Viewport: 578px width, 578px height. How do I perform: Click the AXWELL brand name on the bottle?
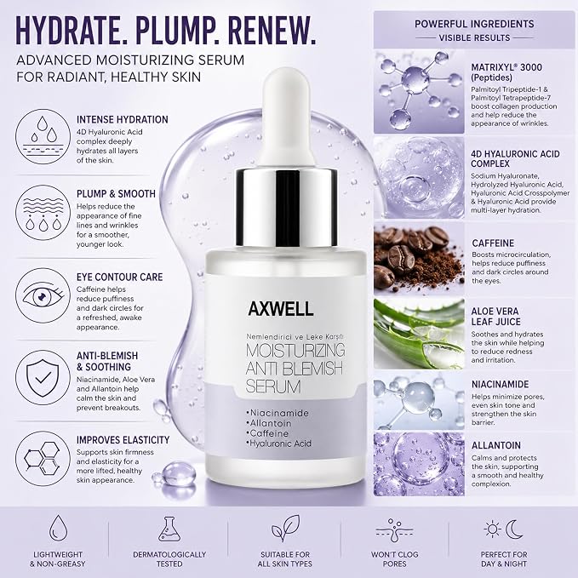(281, 309)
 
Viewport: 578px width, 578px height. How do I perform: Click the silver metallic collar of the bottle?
(286, 207)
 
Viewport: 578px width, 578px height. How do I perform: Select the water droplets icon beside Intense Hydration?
(43, 136)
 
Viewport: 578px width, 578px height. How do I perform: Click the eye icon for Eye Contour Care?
(43, 295)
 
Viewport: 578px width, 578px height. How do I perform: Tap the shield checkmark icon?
(43, 377)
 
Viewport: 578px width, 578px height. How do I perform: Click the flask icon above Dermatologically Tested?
(169, 529)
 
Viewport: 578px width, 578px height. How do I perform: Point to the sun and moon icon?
(504, 529)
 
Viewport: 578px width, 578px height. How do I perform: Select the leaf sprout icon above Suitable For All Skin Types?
(285, 529)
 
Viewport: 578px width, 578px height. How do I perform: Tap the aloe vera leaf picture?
(419, 334)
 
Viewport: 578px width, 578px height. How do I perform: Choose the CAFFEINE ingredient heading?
(493, 243)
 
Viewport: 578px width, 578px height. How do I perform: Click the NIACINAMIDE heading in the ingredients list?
(500, 385)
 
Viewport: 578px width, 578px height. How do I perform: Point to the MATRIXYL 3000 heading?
(506, 67)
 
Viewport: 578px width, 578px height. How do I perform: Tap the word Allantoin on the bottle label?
(271, 423)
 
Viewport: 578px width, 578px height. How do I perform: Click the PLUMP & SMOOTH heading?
(116, 194)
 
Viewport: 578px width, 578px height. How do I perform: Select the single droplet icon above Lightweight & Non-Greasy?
(58, 528)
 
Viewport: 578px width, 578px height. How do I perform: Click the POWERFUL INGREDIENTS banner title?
(474, 24)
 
